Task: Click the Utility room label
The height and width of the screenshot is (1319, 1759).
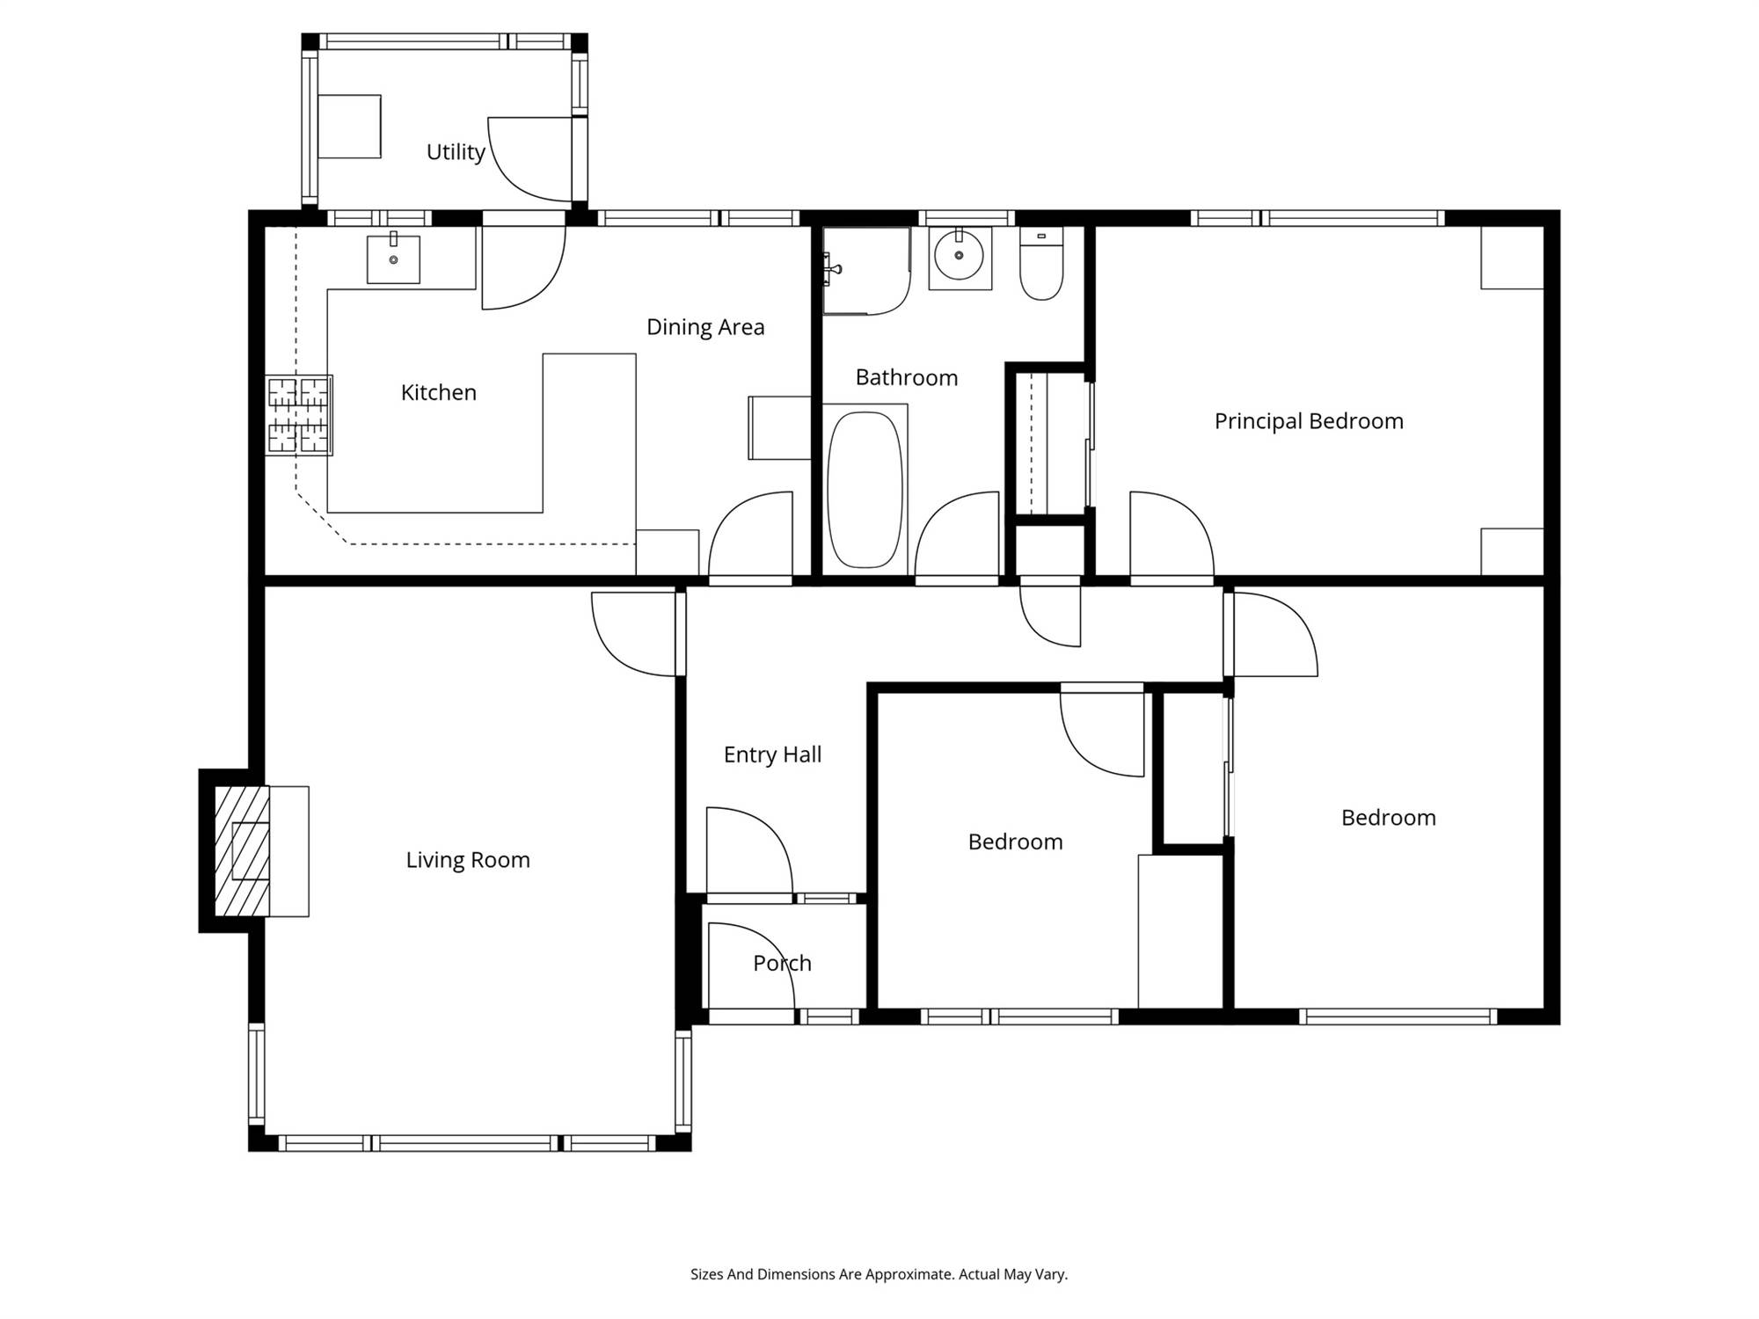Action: click(456, 152)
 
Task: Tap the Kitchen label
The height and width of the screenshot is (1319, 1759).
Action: click(439, 392)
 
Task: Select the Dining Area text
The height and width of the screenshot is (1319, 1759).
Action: click(705, 327)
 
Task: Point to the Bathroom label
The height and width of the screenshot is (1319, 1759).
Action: click(907, 378)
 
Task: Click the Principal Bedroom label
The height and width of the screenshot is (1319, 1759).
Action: click(1309, 421)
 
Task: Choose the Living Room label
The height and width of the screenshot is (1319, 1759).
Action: click(468, 860)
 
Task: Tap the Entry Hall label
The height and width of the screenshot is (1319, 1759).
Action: click(772, 754)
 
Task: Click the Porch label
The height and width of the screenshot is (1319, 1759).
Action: click(782, 963)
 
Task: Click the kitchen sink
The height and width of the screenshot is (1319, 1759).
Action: click(393, 258)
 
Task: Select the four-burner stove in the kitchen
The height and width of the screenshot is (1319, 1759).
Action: click(299, 415)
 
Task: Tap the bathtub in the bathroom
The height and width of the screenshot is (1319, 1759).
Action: click(865, 490)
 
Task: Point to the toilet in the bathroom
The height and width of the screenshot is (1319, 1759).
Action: click(1041, 263)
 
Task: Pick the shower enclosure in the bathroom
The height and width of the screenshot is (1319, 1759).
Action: click(866, 271)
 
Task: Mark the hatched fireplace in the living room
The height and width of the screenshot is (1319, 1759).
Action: click(243, 851)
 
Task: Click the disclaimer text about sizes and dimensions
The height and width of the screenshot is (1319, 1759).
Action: click(879, 1274)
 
